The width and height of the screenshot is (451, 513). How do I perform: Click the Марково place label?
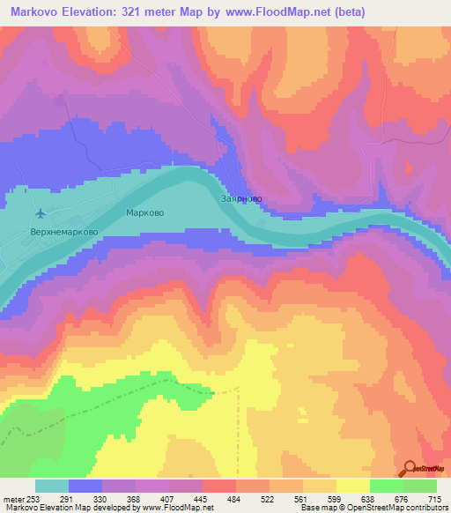click(x=145, y=213)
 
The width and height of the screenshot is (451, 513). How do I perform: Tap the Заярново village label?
click(x=241, y=199)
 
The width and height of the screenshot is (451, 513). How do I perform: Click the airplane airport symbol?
click(x=40, y=212)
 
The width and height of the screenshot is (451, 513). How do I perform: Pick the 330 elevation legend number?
click(x=103, y=499)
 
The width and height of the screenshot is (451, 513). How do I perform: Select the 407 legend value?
click(x=169, y=499)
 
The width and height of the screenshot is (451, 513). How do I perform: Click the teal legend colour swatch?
click(x=52, y=486)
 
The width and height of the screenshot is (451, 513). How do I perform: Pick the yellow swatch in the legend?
click(x=352, y=486)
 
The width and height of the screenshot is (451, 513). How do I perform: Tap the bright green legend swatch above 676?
click(x=386, y=486)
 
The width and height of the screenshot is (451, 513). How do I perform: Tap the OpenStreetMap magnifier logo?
click(x=410, y=467)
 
